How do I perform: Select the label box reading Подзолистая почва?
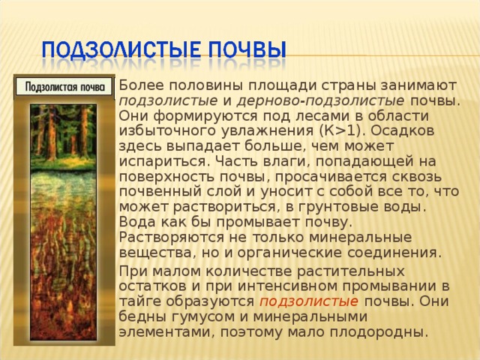click(x=64, y=87)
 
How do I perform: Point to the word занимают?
click(x=418, y=86)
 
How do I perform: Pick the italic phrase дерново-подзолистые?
click(x=320, y=101)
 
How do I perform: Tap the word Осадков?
click(x=403, y=130)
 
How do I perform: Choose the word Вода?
click(x=136, y=222)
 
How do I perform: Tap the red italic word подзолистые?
click(x=309, y=301)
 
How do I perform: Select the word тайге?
click(x=140, y=301)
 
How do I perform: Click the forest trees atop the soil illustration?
click(x=63, y=133)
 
